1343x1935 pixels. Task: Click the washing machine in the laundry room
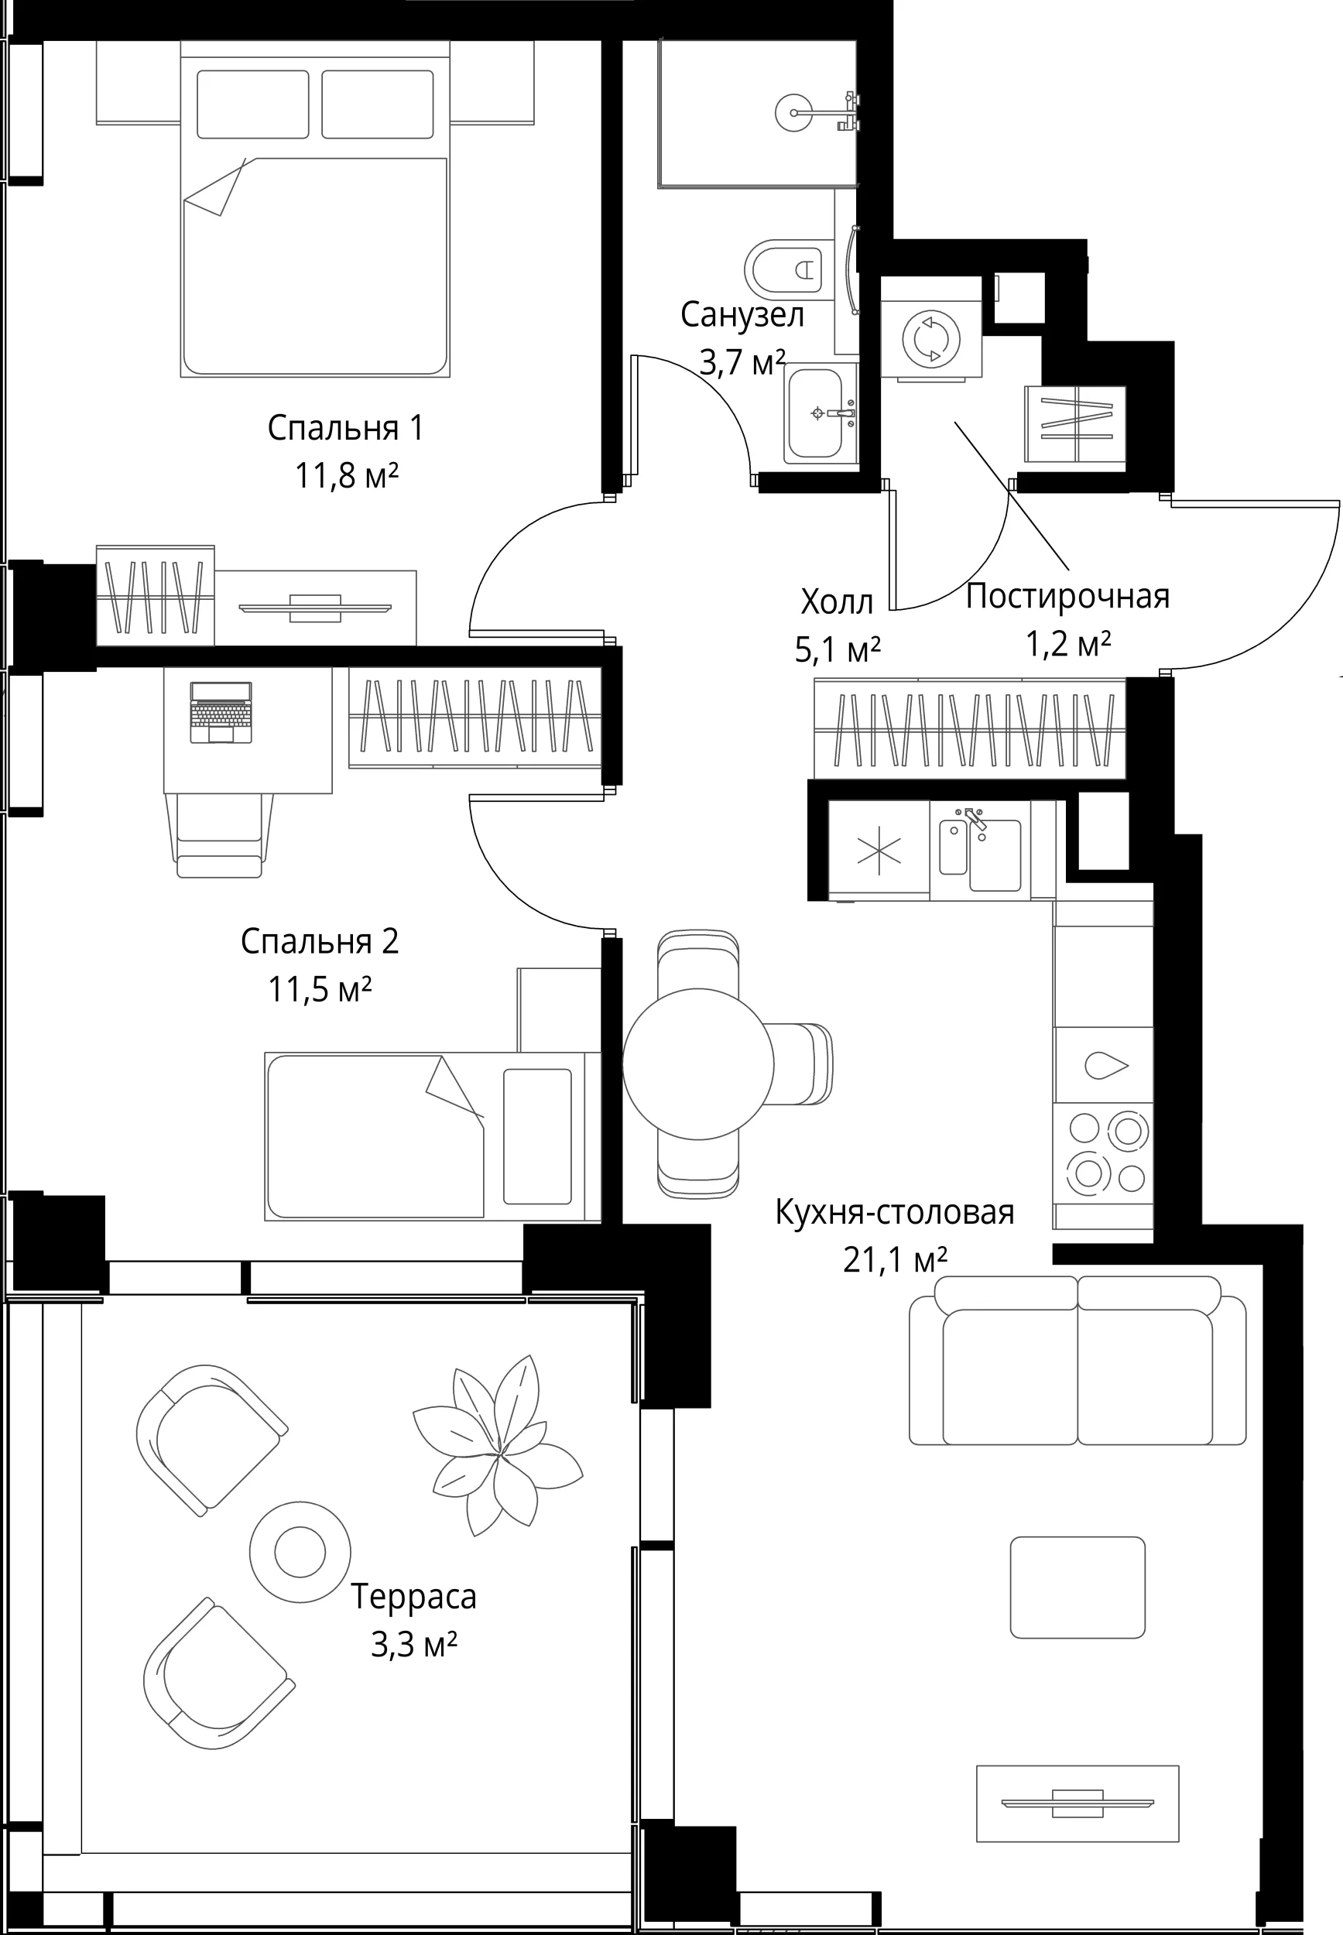tap(930, 339)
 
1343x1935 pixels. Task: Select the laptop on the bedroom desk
tap(221, 713)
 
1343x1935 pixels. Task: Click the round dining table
tap(697, 1064)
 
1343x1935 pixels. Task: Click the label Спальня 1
tap(345, 428)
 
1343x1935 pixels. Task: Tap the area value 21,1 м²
tap(896, 1261)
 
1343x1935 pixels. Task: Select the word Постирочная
tap(1067, 597)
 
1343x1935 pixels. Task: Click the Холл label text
tap(838, 602)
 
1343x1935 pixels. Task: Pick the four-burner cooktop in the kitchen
tap(1103, 1153)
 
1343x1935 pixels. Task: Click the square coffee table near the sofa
tap(1077, 1587)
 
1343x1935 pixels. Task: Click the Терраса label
tap(413, 1596)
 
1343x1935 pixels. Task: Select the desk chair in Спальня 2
tap(220, 834)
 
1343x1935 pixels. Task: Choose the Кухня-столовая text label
tap(895, 1212)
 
